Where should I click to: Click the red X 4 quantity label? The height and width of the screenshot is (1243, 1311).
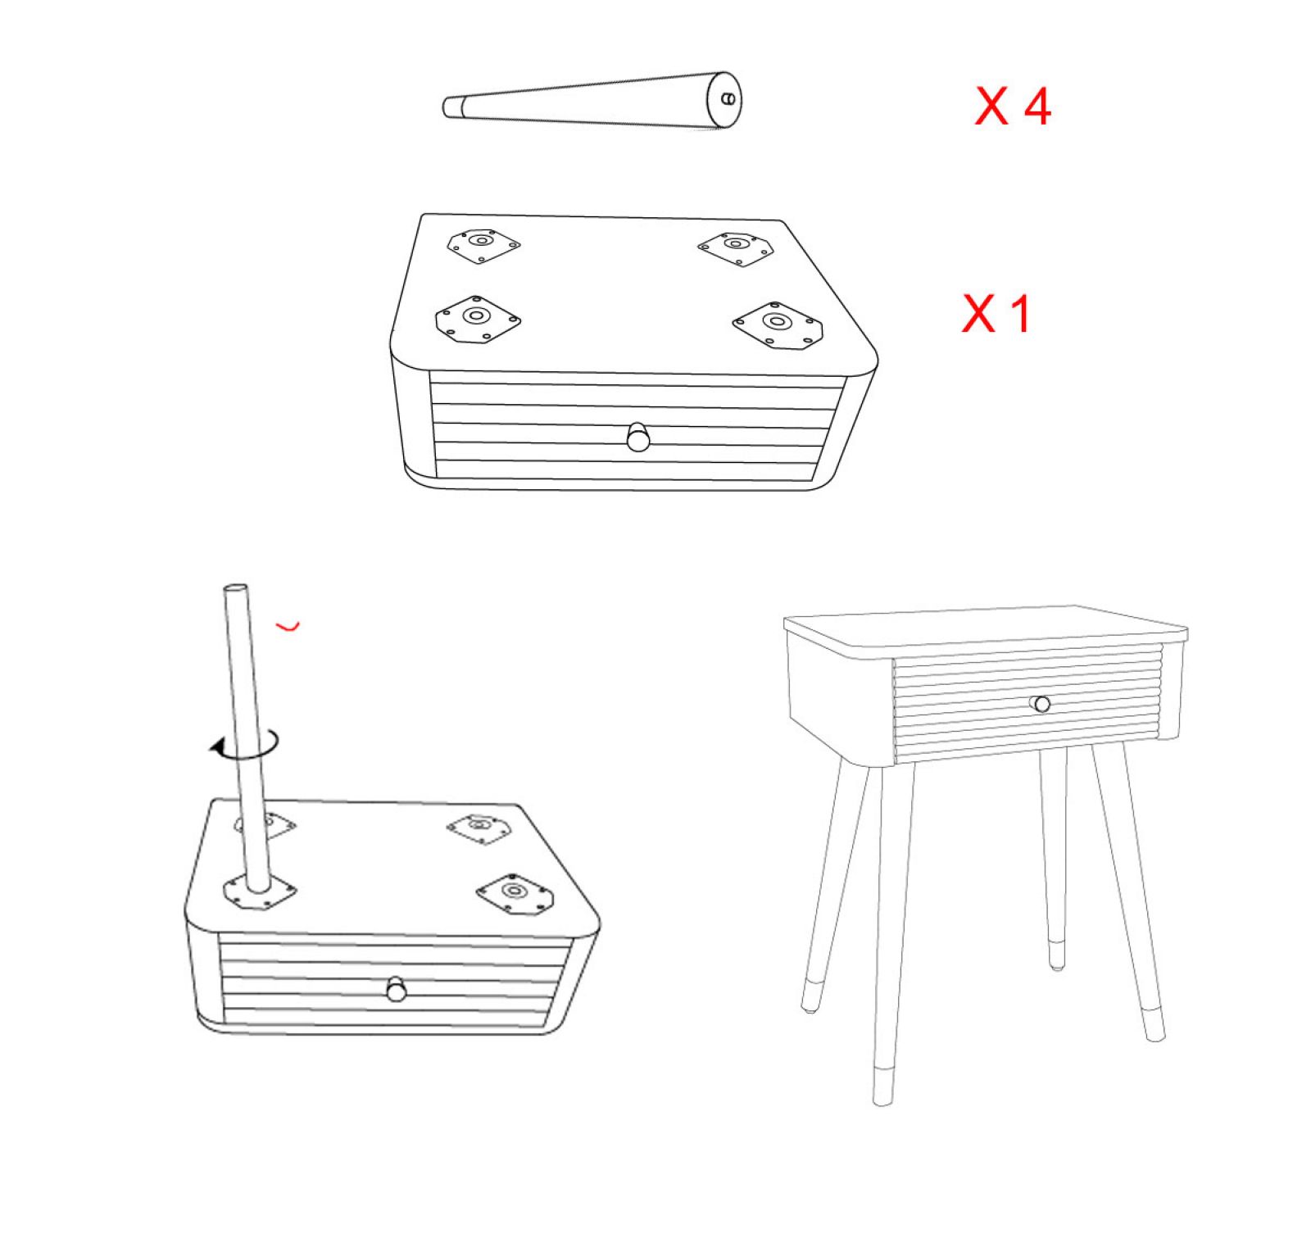(1013, 107)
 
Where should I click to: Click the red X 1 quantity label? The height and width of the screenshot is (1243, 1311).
(996, 313)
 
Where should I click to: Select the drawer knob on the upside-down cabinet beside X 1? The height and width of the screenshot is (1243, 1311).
(637, 436)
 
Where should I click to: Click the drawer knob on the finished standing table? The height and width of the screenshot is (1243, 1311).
(1041, 704)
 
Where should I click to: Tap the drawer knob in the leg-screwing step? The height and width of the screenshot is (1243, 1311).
(397, 989)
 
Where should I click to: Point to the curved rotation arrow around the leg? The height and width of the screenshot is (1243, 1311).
(246, 744)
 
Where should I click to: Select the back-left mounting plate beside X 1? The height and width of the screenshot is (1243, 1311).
(483, 244)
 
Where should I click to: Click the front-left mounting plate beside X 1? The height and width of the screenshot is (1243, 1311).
(478, 320)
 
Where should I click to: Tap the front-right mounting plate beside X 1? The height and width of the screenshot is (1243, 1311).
(778, 325)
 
